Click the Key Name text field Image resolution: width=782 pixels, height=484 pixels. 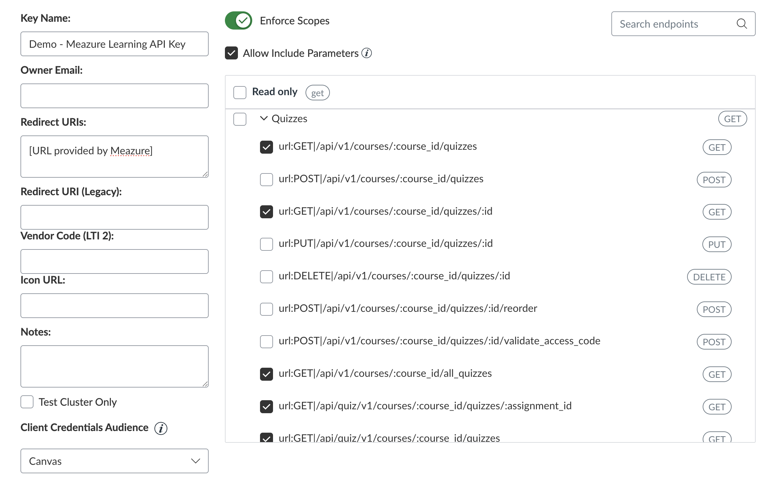114,44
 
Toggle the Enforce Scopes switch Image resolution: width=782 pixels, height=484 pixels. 239,21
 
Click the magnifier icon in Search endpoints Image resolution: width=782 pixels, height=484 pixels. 742,24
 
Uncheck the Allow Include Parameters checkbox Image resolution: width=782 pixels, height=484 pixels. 231,53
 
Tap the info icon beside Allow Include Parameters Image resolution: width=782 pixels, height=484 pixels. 367,53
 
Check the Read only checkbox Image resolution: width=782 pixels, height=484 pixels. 240,93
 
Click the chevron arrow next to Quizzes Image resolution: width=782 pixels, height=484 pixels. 264,118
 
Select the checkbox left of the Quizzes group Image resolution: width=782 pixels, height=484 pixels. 240,119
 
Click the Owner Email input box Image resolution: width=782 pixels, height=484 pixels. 114,96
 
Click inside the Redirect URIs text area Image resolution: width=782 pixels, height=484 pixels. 114,157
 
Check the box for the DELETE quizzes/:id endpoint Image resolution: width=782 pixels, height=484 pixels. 267,277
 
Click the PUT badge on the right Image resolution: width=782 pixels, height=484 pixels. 717,244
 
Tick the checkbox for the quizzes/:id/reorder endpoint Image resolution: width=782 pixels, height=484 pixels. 267,309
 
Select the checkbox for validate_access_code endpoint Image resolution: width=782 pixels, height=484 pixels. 267,342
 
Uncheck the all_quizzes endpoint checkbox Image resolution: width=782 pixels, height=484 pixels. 267,374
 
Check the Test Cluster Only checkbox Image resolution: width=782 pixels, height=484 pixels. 27,402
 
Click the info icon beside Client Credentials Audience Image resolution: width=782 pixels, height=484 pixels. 161,428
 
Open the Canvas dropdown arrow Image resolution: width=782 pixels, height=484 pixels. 196,461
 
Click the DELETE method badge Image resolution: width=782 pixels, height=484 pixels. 710,277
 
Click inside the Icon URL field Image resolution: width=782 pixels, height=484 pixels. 114,306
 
